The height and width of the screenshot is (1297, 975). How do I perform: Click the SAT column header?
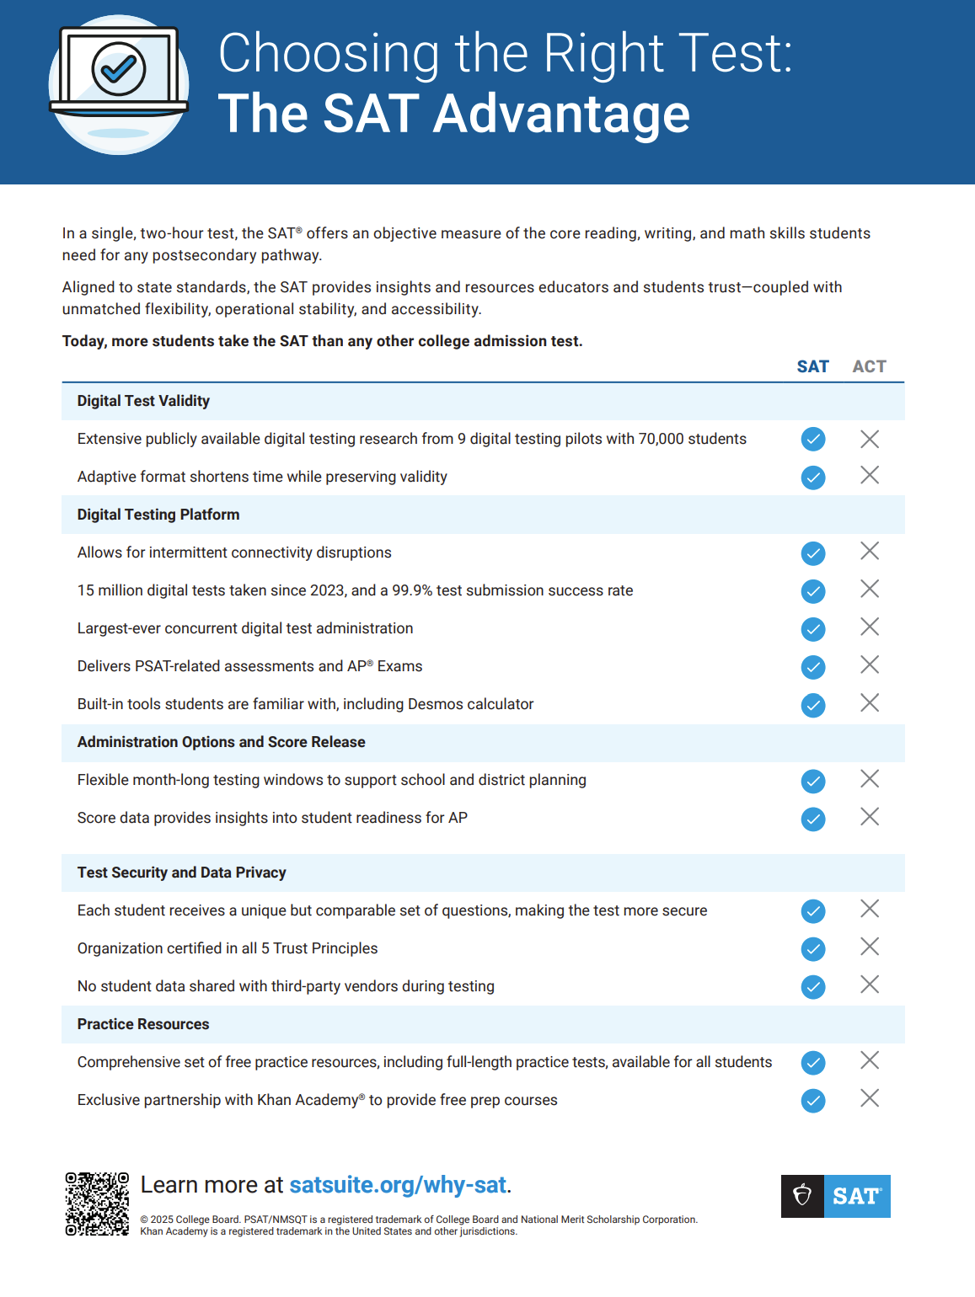pyautogui.click(x=812, y=366)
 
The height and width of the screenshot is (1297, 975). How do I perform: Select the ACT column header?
pyautogui.click(x=869, y=366)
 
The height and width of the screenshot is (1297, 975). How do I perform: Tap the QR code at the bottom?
pyautogui.click(x=97, y=1204)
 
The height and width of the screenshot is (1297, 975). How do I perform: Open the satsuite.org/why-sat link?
pyautogui.click(x=398, y=1185)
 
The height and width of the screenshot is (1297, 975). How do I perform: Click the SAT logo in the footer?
pyautogui.click(x=835, y=1196)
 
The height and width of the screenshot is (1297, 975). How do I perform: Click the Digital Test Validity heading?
pyautogui.click(x=143, y=401)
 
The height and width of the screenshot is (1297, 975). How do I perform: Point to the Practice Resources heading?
pyautogui.click(x=143, y=1024)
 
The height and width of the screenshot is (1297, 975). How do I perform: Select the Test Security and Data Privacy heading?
pyautogui.click(x=181, y=873)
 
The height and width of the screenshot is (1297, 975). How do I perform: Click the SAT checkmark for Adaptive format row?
pyautogui.click(x=813, y=478)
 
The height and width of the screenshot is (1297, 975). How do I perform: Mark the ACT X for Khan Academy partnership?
pyautogui.click(x=870, y=1098)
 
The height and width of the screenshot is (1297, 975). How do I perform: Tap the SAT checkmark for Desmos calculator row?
pyautogui.click(x=813, y=705)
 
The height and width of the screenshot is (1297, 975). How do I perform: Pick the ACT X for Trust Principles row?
pyautogui.click(x=870, y=947)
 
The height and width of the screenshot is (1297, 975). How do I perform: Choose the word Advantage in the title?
pyautogui.click(x=561, y=114)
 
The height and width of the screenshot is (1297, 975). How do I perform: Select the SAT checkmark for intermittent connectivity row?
pyautogui.click(x=813, y=553)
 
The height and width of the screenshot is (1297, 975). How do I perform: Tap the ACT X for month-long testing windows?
pyautogui.click(x=870, y=779)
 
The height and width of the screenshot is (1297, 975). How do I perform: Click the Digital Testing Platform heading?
pyautogui.click(x=158, y=515)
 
